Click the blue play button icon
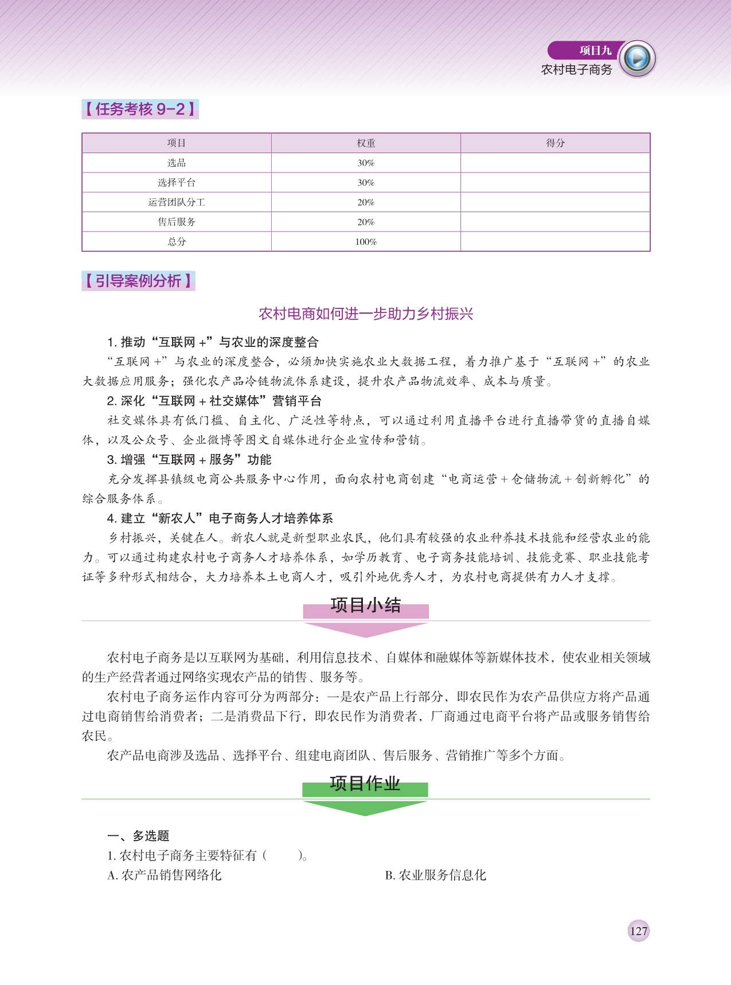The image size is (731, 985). point(638,58)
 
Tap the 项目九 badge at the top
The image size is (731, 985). point(595,50)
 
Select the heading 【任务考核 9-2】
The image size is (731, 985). point(140,109)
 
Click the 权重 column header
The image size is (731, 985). point(366,143)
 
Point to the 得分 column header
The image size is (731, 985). point(555,143)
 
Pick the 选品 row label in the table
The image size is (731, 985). point(177,163)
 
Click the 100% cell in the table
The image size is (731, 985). point(366,241)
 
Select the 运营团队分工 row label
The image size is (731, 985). point(177,202)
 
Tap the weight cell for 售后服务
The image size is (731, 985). point(366,222)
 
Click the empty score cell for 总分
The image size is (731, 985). point(555,241)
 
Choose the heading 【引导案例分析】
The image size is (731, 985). point(138,281)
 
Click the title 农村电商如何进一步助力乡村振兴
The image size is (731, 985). point(366,314)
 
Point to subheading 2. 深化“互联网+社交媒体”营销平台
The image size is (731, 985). point(214,401)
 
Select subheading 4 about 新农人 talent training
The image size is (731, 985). point(220,518)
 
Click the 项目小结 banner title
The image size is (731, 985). point(366,605)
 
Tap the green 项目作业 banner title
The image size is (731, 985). point(365,784)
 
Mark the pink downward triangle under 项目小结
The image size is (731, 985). point(365,629)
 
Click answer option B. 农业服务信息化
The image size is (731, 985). point(436,875)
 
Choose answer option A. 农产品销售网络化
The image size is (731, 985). point(165,875)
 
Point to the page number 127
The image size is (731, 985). point(638,931)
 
